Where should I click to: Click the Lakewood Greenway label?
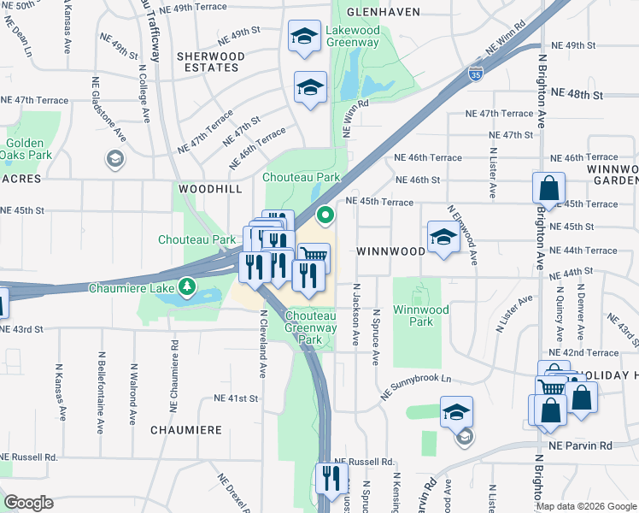(x=352, y=36)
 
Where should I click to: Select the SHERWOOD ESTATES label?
(x=210, y=62)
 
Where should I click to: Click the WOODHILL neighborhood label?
(x=210, y=188)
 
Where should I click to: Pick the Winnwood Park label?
(x=414, y=316)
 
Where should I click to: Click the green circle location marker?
(x=325, y=215)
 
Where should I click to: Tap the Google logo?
(x=28, y=503)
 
